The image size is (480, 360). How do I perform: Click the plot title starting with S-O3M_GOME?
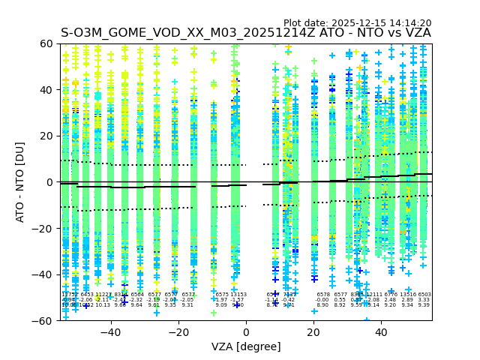pos(245,33)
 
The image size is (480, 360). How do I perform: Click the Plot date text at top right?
pos(357,23)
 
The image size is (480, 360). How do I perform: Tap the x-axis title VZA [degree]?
pos(246,346)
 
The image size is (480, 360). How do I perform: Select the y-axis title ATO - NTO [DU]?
pos(20,181)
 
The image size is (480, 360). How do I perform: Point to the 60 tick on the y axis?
pos(47,43)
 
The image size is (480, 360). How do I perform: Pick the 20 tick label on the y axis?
pos(47,136)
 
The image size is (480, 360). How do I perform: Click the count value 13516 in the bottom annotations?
pos(407,295)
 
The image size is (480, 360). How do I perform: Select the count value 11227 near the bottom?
pos(103,295)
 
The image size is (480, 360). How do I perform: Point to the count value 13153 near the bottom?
pos(238,295)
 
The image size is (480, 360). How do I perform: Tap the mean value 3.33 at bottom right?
pos(424,300)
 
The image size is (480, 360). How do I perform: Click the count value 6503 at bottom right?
pos(424,295)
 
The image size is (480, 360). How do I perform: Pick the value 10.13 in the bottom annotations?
pos(103,305)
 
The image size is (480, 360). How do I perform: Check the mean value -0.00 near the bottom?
pos(323,300)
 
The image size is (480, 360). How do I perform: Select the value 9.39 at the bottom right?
pos(424,305)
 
